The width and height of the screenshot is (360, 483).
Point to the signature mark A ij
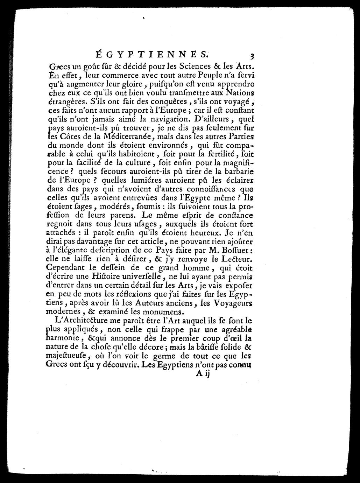coord(202,374)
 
